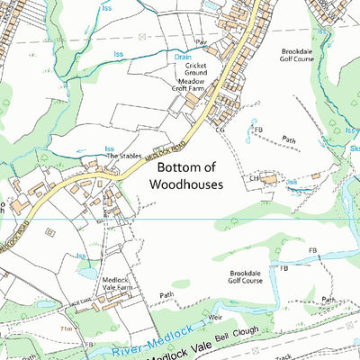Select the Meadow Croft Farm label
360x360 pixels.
[x=189, y=86]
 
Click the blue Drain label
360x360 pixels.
[x=182, y=57]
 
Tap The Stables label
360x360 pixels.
[x=126, y=156]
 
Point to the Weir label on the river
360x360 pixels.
[x=214, y=318]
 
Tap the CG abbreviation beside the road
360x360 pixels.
[x=219, y=130]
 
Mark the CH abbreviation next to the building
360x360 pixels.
[x=255, y=179]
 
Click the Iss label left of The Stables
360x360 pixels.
[x=109, y=148]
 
